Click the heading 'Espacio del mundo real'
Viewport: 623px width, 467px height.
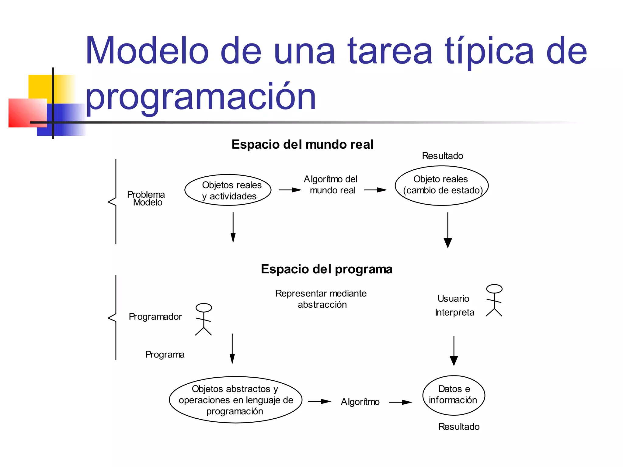pos(302,144)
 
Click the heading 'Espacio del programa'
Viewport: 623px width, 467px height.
pos(327,269)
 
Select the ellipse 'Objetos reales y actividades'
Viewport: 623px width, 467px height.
pos(228,190)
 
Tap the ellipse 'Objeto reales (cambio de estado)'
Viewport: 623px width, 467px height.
pos(442,185)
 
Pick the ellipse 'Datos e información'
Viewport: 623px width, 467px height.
pos(454,395)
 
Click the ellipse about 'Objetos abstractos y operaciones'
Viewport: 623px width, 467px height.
pos(235,400)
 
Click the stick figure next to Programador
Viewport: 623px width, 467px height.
pos(204,319)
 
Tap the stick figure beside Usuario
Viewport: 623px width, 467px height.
pos(494,300)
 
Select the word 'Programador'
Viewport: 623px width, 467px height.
pos(155,317)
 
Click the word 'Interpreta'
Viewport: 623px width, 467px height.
pos(454,313)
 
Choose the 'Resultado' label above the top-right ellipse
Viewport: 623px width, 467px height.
pos(442,156)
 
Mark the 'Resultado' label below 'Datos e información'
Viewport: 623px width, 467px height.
pos(459,427)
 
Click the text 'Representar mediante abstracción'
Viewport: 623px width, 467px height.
pos(321,299)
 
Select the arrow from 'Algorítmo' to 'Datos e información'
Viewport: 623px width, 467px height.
pos(401,402)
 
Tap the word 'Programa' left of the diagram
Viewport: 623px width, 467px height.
pos(165,355)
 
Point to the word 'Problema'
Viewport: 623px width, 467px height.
pos(146,194)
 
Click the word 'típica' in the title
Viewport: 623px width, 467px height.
pos(489,52)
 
